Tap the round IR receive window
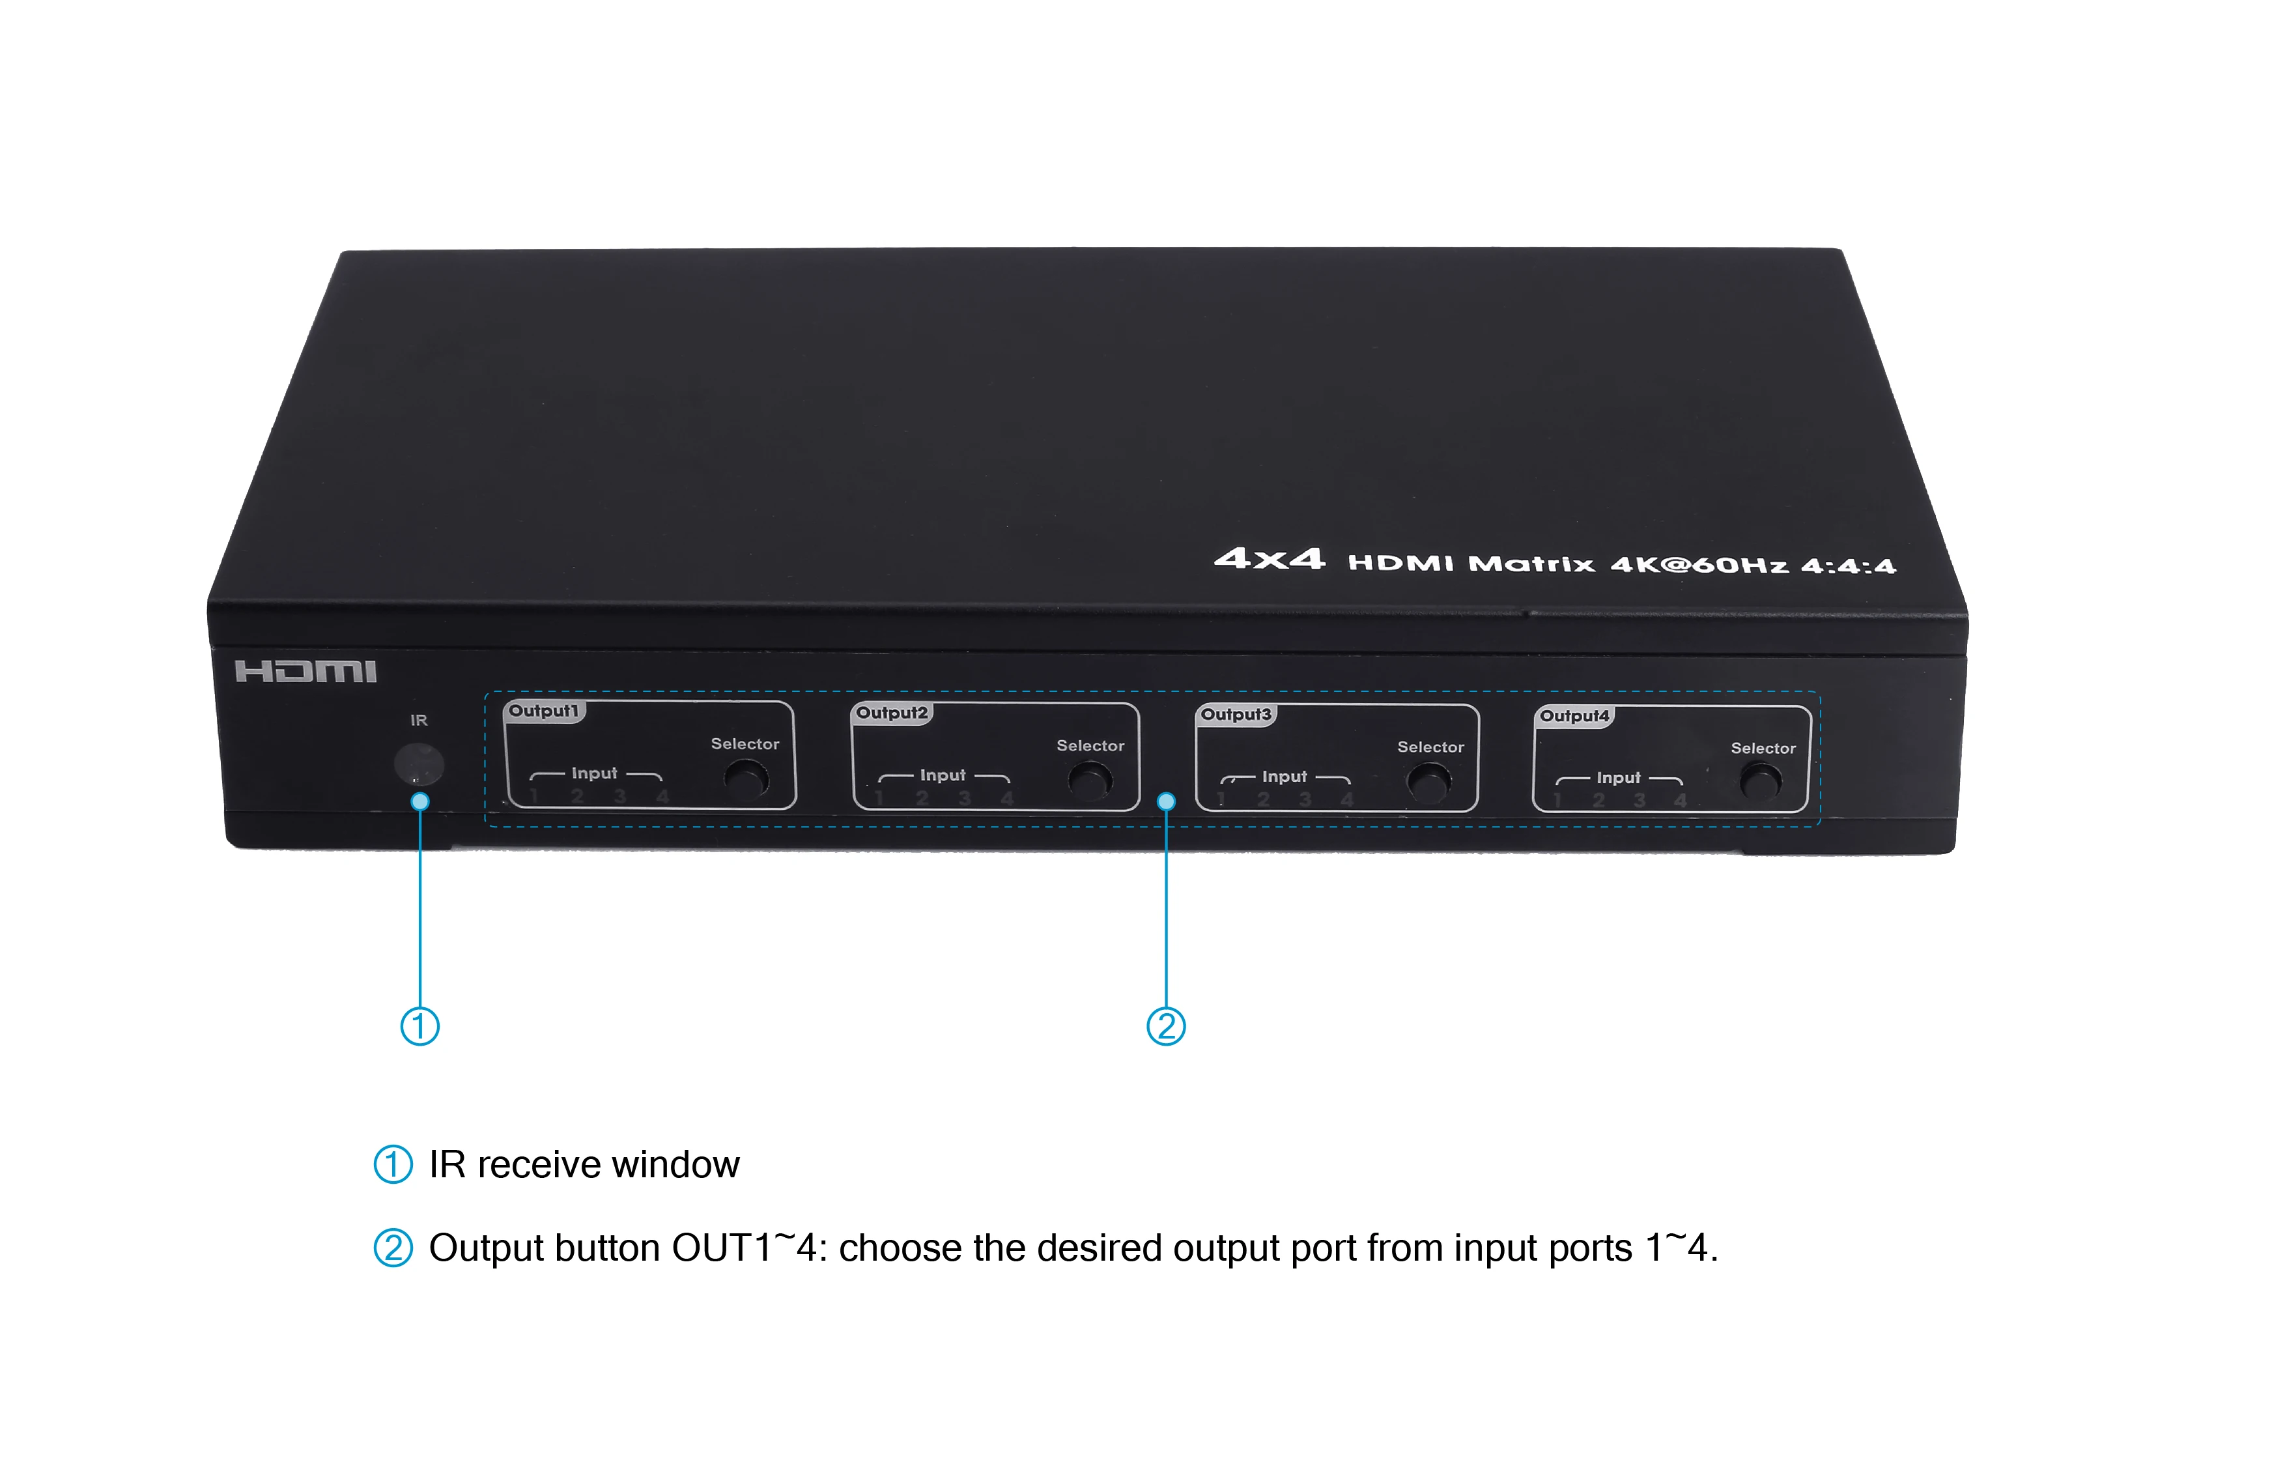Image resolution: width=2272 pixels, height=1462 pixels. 419,764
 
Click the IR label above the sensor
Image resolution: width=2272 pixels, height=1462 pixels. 419,721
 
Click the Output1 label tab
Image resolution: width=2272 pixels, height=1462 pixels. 544,711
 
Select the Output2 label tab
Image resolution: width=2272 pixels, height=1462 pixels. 892,713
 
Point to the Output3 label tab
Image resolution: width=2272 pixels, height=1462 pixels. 1236,715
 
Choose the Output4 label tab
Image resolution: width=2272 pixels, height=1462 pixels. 1574,716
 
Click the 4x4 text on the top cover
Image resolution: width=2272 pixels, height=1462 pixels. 1269,558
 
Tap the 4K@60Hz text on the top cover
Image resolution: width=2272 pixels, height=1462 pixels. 1699,565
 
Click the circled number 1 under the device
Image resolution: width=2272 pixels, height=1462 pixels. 419,1026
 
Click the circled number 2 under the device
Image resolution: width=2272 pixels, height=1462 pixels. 1167,1026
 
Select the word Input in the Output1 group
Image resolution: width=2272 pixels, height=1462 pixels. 594,774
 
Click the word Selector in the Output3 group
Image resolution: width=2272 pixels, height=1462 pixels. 1430,747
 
